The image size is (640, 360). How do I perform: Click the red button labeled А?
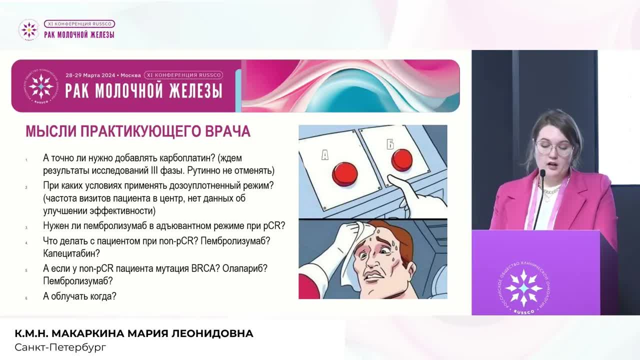[345, 173]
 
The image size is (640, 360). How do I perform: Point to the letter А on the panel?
[325, 155]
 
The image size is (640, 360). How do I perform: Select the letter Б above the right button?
[390, 145]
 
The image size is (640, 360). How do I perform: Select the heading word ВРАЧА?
[227, 131]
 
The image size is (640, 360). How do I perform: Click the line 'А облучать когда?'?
[80, 296]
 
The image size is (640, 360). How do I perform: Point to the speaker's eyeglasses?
[554, 147]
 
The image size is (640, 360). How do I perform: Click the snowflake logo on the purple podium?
[523, 287]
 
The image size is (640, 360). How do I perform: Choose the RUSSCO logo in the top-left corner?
[28, 29]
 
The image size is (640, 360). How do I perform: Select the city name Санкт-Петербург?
[60, 347]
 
